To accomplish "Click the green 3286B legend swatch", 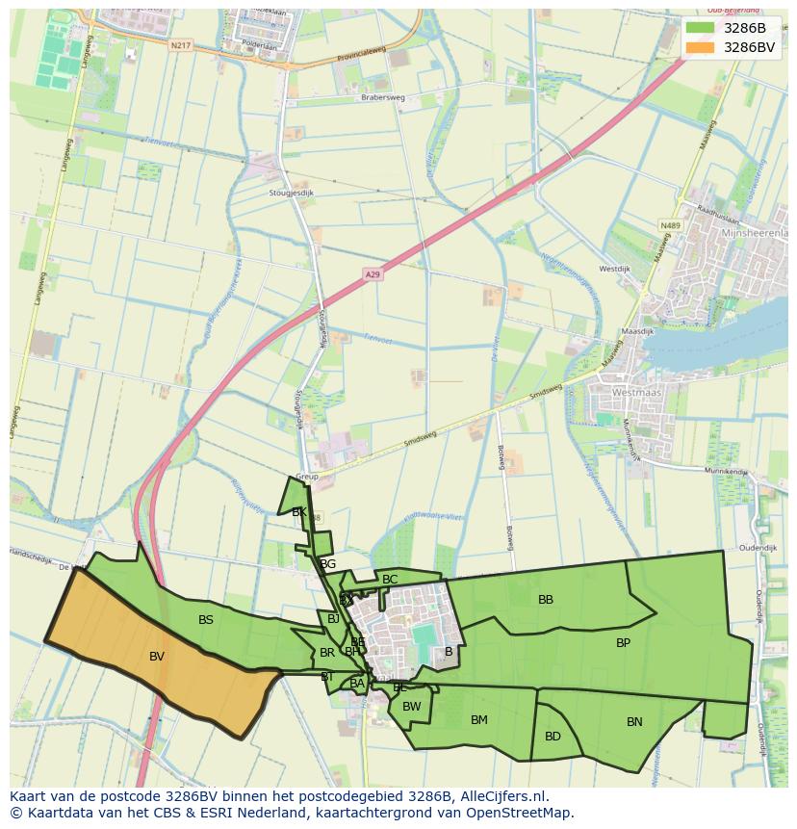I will coord(700,27).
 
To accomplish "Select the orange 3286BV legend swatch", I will coord(700,46).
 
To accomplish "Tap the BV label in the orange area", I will coord(157,657).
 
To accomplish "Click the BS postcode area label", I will coord(206,620).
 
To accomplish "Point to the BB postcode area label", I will coord(546,600).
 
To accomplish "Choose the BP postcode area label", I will coord(623,642).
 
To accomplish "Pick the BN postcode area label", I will coord(634,722).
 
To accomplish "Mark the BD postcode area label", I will coord(553,737).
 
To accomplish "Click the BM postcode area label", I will coord(479,720).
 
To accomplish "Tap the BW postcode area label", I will coord(412,707).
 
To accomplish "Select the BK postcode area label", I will coord(299,512).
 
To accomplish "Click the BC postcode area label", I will coord(390,580).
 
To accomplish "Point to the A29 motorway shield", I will coord(373,275).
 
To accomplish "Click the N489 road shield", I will coord(670,225).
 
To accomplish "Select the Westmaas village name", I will coord(635,393).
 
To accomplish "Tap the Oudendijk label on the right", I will coord(758,548).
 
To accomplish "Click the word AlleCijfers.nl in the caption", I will coord(501,796).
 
